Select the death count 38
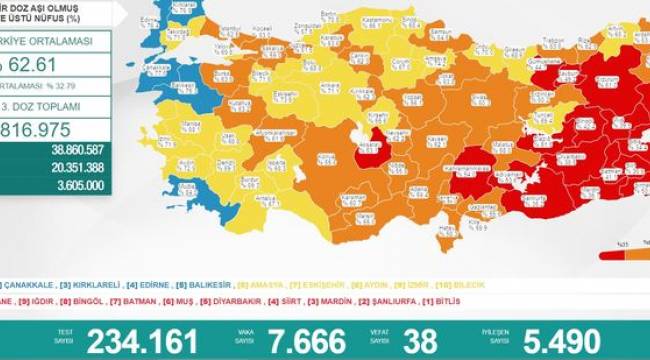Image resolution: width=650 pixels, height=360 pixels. [421, 341]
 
